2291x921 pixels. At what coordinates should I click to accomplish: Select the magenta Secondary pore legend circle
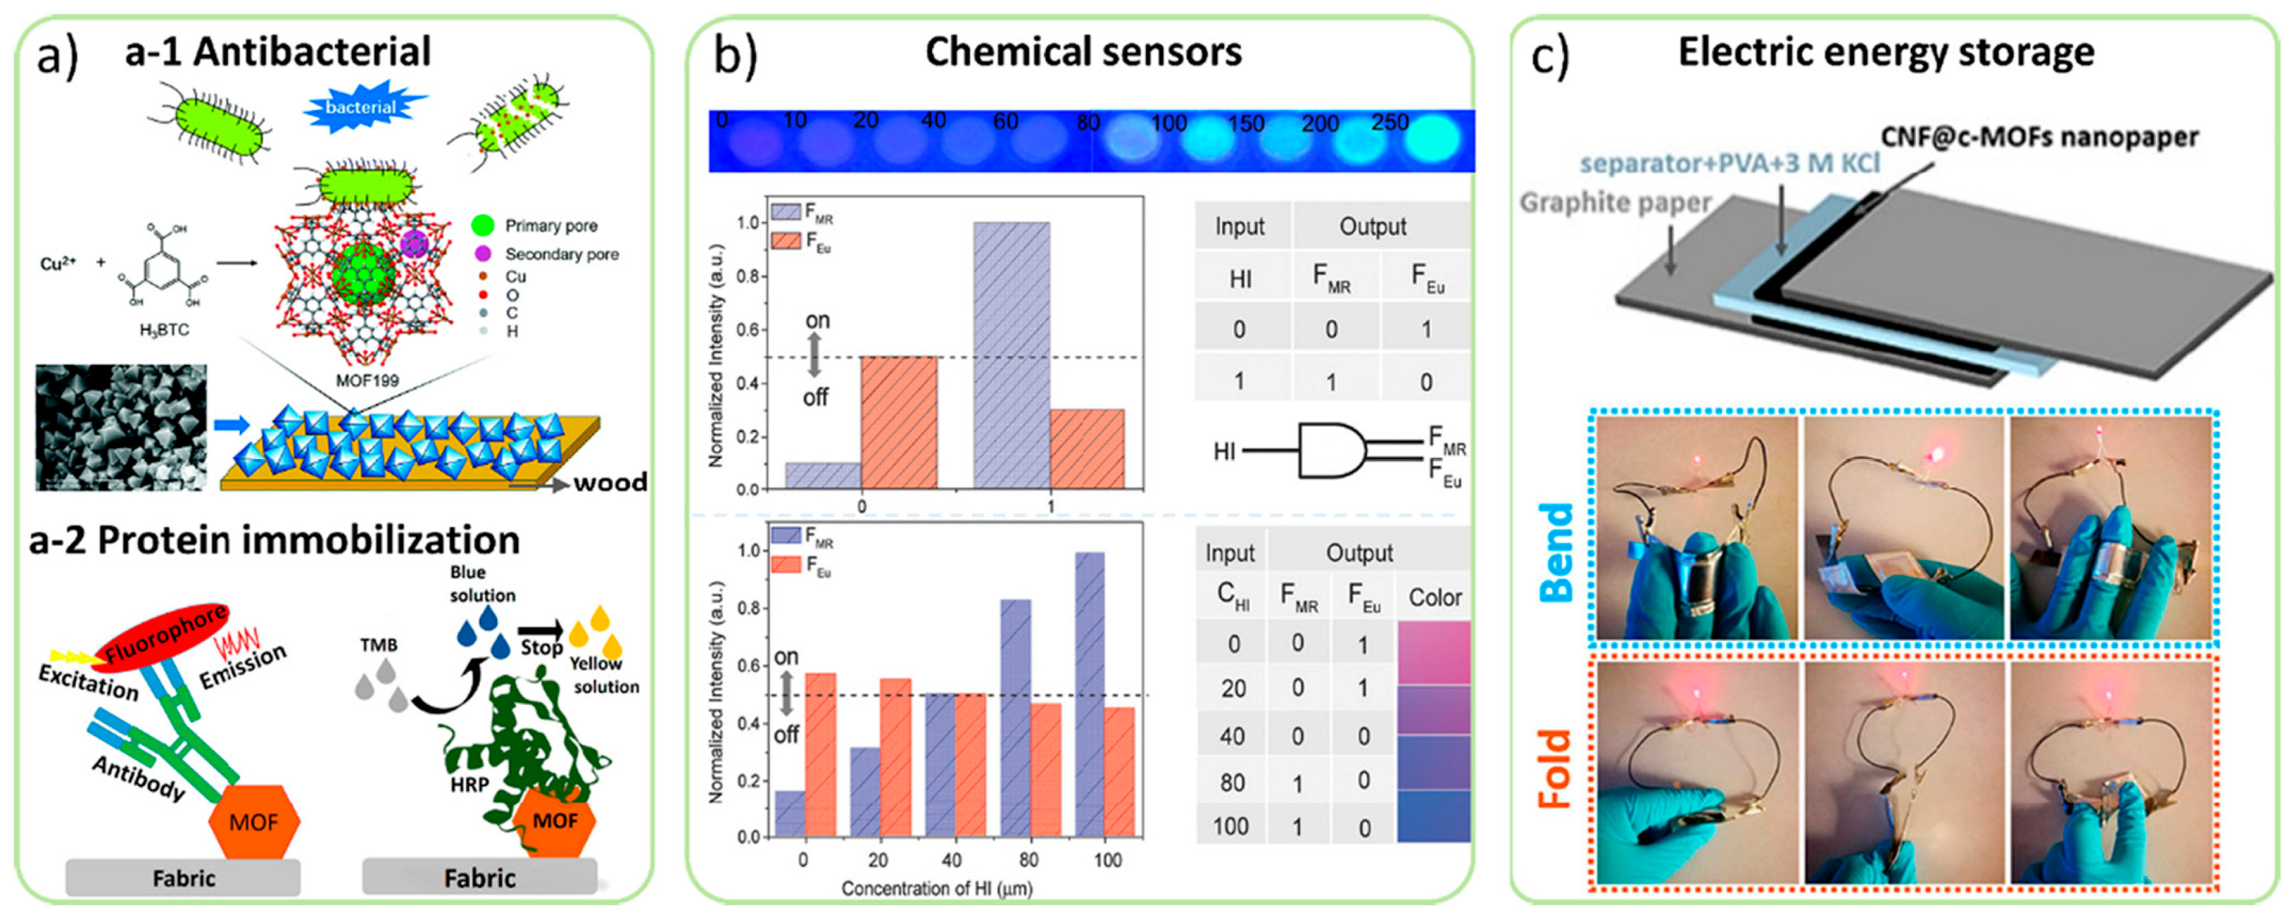483,254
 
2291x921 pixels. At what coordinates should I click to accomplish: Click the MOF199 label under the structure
367,381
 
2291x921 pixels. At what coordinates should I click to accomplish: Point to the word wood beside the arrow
610,484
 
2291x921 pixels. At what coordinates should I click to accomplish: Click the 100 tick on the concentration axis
1107,860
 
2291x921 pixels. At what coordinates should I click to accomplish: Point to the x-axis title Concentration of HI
937,888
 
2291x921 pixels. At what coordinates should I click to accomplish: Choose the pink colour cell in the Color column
1433,652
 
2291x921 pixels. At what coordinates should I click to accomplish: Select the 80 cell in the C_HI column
1232,782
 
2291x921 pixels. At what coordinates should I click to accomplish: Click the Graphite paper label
1614,203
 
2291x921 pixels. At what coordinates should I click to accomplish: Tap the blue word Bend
1555,551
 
